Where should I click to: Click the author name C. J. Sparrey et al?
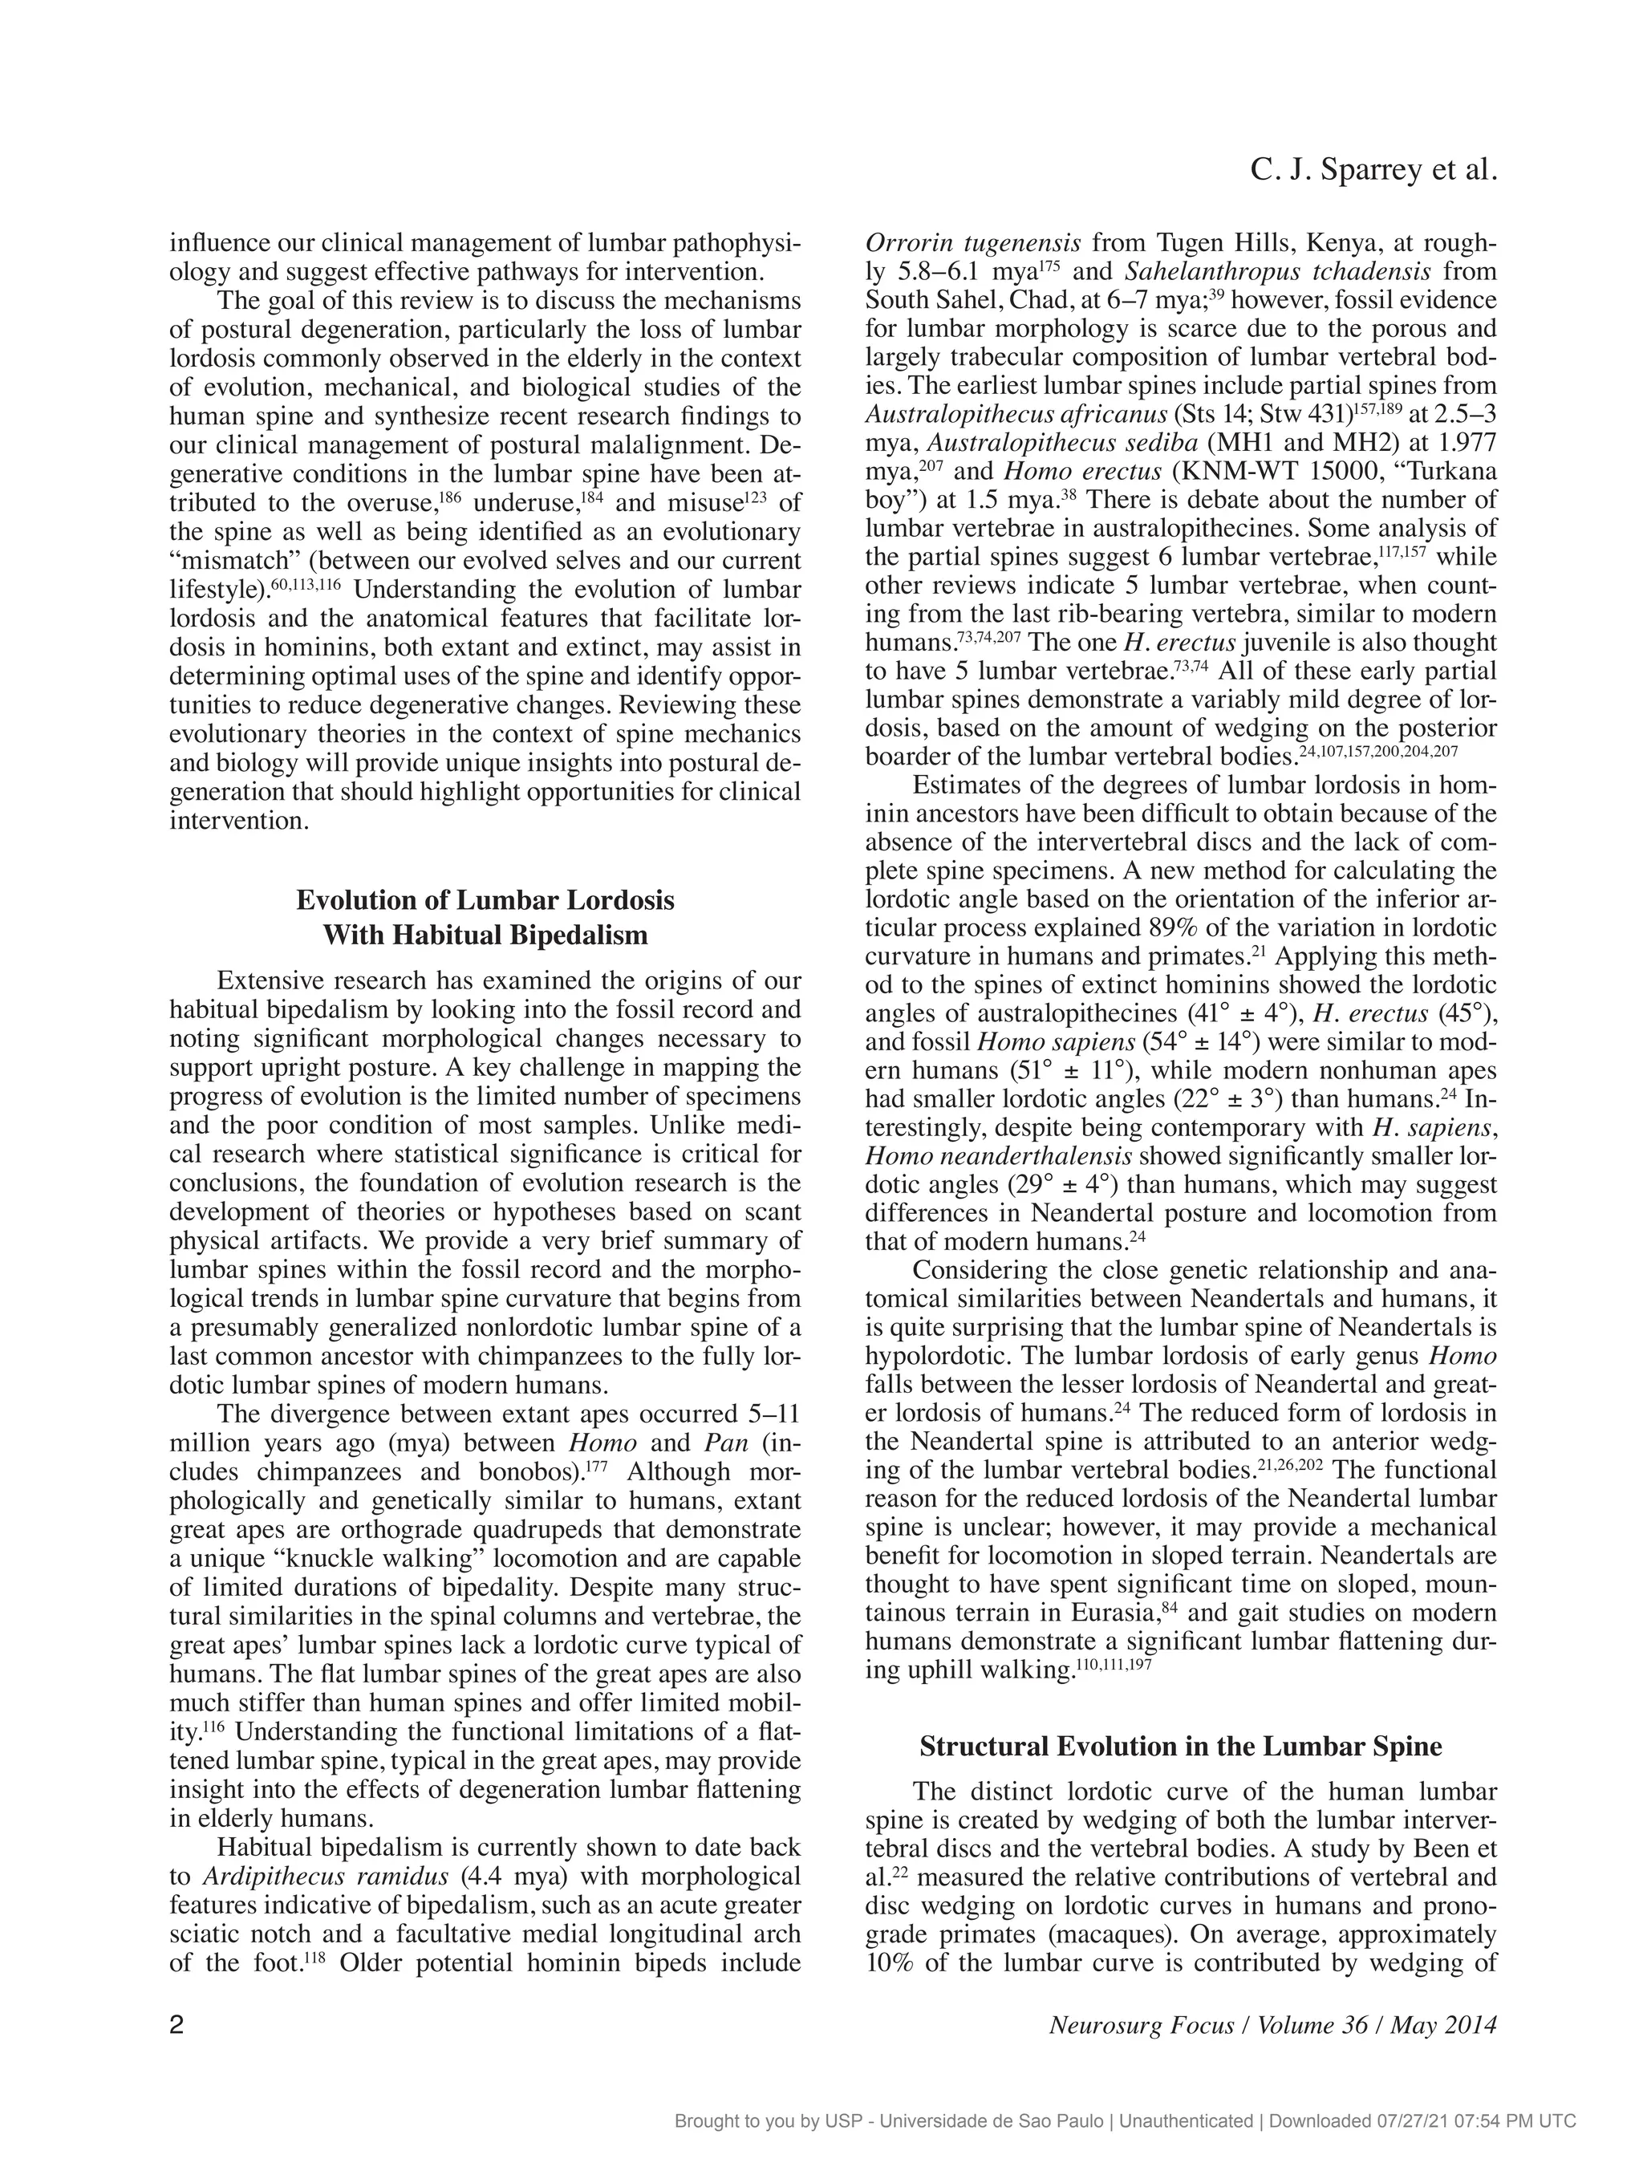tap(1373, 172)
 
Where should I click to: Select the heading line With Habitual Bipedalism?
tap(485, 935)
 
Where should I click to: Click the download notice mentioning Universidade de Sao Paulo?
tap(1124, 2122)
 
